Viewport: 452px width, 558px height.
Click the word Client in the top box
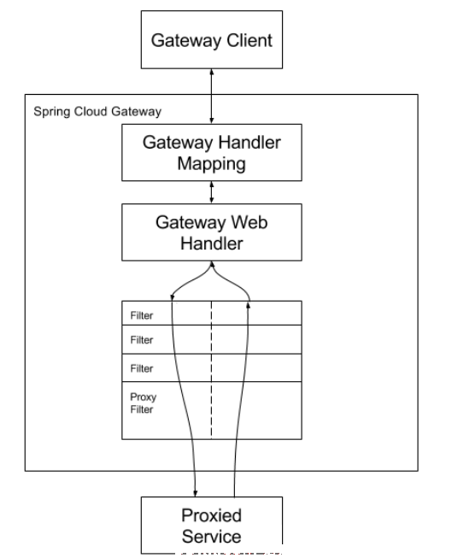(249, 40)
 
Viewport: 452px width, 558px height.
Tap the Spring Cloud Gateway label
(97, 112)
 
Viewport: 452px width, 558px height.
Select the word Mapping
(211, 164)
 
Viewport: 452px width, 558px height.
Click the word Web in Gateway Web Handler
(249, 222)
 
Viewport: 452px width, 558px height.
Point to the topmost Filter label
(142, 315)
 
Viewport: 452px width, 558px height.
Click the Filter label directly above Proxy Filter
(142, 368)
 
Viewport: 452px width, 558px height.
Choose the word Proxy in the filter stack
(144, 397)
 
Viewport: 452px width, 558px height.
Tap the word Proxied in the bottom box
(211, 515)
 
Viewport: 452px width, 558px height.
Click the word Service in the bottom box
(211, 537)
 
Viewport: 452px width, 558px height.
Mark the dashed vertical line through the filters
(211, 370)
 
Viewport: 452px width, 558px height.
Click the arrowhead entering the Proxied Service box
(195, 493)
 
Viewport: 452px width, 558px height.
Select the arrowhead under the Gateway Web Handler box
(212, 264)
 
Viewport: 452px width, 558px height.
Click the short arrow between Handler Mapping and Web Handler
(212, 192)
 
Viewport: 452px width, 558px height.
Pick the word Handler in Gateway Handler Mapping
(249, 143)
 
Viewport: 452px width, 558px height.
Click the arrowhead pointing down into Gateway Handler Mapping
(212, 120)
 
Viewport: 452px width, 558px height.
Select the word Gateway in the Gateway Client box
(187, 40)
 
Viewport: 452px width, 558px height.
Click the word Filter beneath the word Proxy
(142, 409)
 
